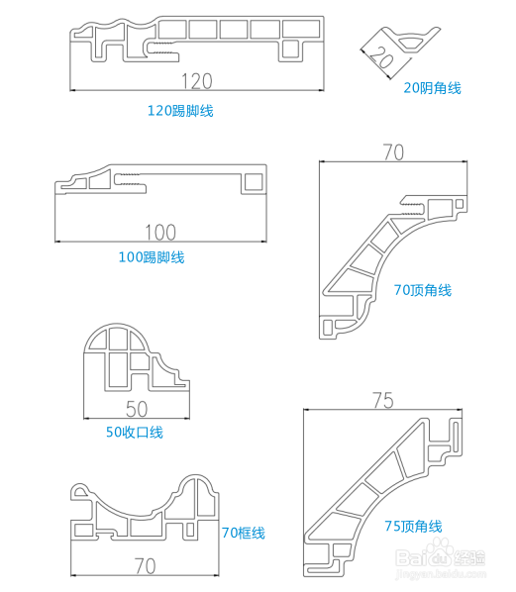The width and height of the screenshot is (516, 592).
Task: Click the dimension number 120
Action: (197, 81)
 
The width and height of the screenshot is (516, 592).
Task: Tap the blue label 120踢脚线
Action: (180, 111)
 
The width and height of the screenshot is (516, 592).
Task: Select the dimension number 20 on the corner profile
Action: (380, 57)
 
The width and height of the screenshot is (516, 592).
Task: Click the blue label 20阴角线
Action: (433, 88)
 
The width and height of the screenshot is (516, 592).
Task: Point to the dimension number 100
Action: (160, 233)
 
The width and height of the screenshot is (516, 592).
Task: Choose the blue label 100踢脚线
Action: (152, 257)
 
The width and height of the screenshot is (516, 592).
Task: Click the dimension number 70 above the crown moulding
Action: (393, 152)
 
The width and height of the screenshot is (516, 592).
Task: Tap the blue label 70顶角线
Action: (423, 290)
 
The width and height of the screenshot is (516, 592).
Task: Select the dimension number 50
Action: (137, 409)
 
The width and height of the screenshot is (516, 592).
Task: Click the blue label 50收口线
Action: (135, 432)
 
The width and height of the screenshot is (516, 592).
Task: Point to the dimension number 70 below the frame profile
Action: (145, 566)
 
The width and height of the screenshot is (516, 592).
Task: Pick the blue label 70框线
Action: (244, 533)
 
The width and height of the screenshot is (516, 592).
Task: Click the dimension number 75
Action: (383, 400)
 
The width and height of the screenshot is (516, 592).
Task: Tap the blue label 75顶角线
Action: (413, 526)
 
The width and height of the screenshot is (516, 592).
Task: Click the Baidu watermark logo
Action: (440, 555)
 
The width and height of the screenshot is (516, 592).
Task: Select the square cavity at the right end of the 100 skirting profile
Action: (254, 182)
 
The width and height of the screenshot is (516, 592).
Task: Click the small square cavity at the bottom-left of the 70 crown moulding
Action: (327, 327)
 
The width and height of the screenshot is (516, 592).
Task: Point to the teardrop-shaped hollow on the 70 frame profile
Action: (80, 491)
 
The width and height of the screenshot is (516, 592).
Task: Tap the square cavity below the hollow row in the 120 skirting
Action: (291, 49)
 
